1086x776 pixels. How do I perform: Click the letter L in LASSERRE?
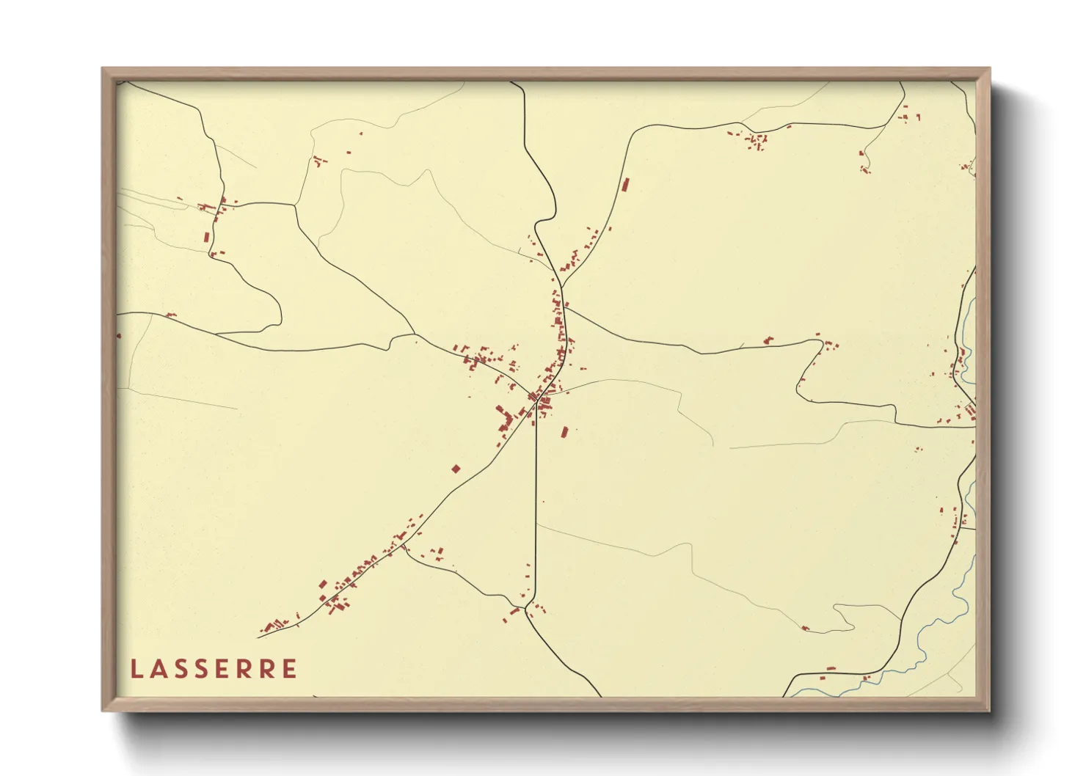click(136, 669)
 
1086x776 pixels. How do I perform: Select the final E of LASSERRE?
click(291, 669)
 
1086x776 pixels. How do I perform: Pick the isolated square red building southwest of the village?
click(456, 468)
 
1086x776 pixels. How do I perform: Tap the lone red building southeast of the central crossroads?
click(564, 432)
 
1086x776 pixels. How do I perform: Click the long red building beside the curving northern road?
click(625, 184)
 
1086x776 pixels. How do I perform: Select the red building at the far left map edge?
click(119, 336)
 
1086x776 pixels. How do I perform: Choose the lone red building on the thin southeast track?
click(806, 629)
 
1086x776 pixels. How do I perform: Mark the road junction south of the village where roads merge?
click(528, 610)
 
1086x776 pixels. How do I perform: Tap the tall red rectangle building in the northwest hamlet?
click(207, 237)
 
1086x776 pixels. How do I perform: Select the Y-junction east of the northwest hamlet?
click(295, 205)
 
